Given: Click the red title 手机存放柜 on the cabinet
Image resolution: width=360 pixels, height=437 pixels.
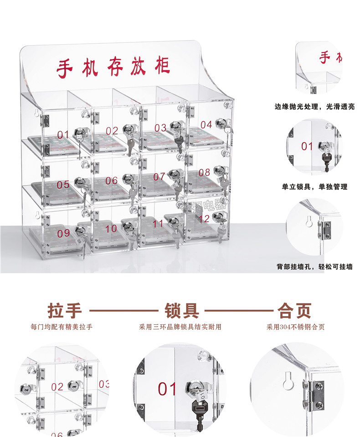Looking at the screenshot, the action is (113, 67).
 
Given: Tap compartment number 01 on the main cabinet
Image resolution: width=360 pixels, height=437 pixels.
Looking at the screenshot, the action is (63, 135).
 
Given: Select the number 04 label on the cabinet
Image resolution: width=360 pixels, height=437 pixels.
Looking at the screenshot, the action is (206, 125).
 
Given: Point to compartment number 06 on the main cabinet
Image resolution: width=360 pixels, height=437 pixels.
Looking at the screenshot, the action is (112, 181).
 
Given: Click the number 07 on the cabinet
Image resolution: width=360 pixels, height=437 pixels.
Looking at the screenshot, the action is (159, 177).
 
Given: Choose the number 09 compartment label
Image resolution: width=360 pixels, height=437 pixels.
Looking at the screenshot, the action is (64, 233).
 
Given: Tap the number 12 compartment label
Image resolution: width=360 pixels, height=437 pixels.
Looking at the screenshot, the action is (205, 219).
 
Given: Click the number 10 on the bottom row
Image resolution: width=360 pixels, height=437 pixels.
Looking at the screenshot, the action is (111, 228).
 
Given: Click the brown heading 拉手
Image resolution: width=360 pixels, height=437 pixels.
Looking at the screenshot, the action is (65, 311).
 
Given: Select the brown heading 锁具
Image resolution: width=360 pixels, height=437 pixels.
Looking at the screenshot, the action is (181, 311).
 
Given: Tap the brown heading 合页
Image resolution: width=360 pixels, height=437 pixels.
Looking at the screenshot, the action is (294, 311).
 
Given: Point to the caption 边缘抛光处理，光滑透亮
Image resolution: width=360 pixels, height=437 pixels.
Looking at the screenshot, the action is (314, 107).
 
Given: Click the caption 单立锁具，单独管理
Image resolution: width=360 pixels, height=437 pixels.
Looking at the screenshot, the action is (314, 187).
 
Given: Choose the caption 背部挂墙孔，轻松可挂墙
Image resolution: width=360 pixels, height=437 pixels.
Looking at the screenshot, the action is (314, 266).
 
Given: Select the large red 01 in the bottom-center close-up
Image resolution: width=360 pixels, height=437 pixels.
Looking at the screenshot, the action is (167, 389).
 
